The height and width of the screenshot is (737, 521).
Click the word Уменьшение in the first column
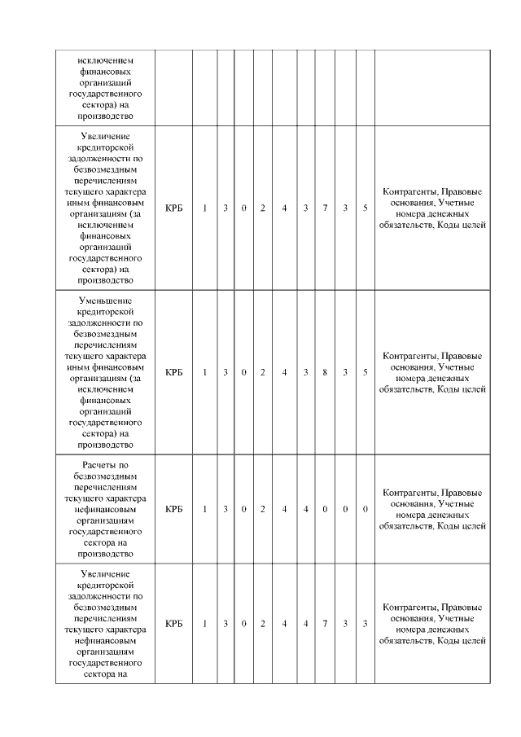pyautogui.click(x=105, y=301)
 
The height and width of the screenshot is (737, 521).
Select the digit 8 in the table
pyautogui.click(x=325, y=372)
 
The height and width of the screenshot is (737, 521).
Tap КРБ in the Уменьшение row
pyautogui.click(x=173, y=372)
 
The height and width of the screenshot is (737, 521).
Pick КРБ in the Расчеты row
pyautogui.click(x=173, y=509)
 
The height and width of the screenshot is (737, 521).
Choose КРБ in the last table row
pyautogui.click(x=173, y=624)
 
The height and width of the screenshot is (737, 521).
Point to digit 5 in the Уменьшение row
pyautogui.click(x=366, y=372)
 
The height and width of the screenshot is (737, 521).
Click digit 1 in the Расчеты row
pyautogui.click(x=205, y=509)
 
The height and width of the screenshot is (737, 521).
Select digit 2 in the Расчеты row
pyautogui.click(x=263, y=509)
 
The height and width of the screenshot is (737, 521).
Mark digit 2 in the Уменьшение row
pyautogui.click(x=263, y=372)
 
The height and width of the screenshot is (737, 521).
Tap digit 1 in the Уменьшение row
pyautogui.click(x=205, y=372)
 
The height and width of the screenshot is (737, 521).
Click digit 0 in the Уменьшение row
pyautogui.click(x=244, y=372)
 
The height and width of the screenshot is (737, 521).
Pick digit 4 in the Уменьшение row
pyautogui.click(x=284, y=372)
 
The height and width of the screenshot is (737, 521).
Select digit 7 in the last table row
pyautogui.click(x=325, y=624)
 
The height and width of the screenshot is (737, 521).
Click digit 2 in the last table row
pyautogui.click(x=263, y=624)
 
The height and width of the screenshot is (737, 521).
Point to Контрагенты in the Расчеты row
pyautogui.click(x=409, y=493)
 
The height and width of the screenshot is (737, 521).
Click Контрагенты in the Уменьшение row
pyautogui.click(x=409, y=356)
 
